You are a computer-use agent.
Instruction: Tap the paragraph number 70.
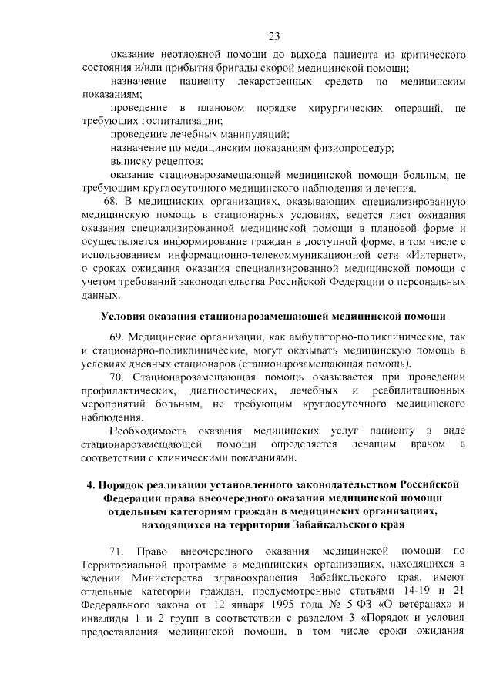119,377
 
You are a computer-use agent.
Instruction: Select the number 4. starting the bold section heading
89,484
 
